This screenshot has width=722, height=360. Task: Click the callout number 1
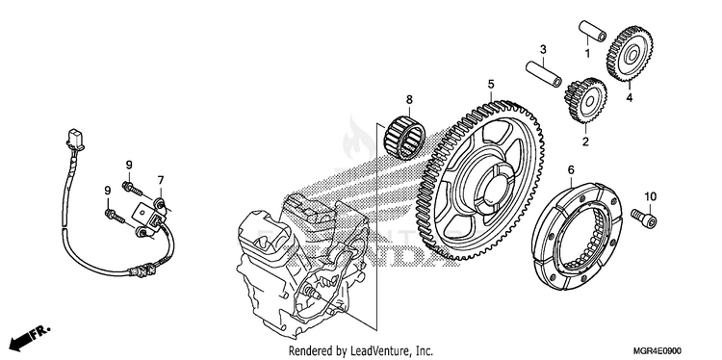tap(587, 54)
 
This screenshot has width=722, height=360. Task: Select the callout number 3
tap(543, 49)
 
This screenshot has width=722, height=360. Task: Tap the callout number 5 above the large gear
tap(491, 85)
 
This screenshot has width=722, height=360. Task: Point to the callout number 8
tap(409, 99)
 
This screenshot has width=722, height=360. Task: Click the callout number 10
tap(650, 197)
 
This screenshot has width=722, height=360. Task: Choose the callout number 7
tap(161, 180)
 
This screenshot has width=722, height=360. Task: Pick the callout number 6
tap(571, 170)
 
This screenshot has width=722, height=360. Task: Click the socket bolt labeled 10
tap(645, 218)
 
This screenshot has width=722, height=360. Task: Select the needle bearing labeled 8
tap(404, 137)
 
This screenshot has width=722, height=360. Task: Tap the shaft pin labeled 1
tap(592, 31)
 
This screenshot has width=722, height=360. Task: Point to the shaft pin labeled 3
tap(544, 74)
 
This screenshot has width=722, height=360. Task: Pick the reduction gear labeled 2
tap(585, 101)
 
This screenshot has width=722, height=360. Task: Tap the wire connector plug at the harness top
tap(75, 140)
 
